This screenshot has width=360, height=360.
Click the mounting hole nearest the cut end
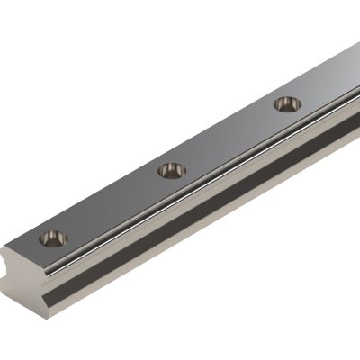click(x=53, y=238)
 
